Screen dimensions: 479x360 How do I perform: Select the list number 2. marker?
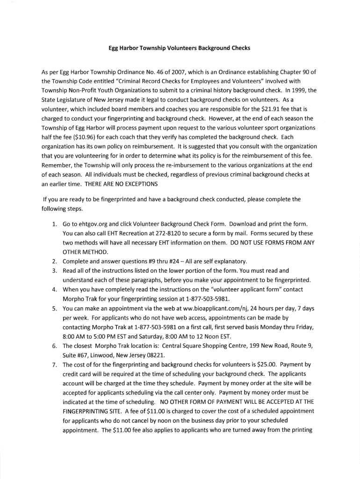click(55, 261)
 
